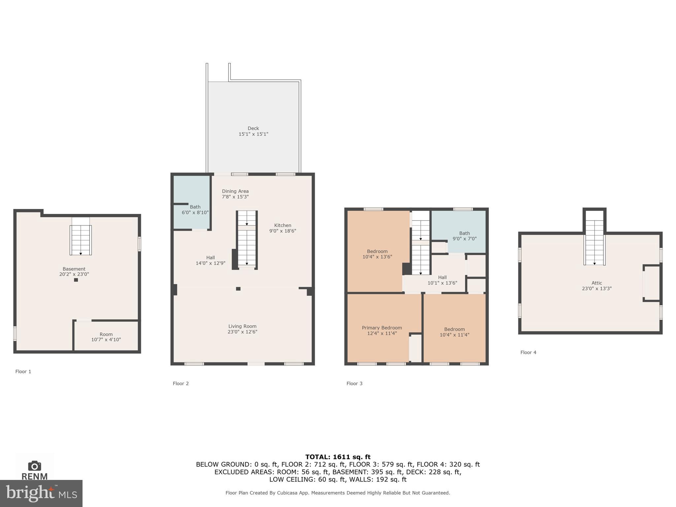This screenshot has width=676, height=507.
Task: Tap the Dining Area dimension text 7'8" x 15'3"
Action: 235,197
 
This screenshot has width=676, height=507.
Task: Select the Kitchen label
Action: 283,225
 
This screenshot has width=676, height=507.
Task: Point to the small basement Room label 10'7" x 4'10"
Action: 106,337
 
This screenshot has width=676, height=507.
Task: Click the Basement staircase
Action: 81,240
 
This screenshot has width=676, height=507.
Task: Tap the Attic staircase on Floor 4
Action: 594,243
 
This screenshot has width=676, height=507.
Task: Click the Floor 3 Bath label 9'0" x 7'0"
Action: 464,236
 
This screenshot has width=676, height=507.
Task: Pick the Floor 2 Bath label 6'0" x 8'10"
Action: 195,210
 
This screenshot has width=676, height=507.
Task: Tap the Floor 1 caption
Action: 23,372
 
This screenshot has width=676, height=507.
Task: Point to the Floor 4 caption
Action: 528,353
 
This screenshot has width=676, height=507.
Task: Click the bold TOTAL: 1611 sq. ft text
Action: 338,457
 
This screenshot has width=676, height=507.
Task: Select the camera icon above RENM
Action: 34,466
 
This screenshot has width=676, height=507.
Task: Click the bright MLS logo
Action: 41,493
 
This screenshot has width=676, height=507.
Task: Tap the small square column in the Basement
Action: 76,280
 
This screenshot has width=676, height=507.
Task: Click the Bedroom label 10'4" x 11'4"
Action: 454,332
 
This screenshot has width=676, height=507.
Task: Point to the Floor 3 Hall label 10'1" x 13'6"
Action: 442,280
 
